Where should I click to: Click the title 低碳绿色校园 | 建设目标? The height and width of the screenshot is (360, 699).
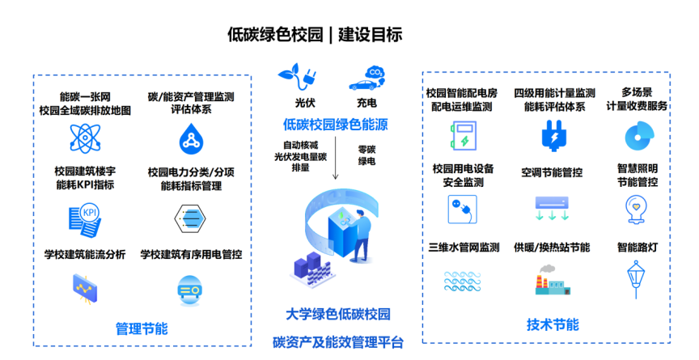click(315, 34)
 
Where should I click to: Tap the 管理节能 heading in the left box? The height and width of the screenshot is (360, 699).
click(142, 328)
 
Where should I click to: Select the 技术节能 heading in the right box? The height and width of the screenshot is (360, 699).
click(553, 324)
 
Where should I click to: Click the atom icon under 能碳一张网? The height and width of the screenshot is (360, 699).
click(85, 138)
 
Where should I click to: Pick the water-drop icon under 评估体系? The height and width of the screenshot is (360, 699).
click(191, 138)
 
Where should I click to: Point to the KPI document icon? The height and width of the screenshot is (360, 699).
click(85, 221)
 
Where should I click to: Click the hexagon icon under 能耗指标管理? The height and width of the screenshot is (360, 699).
click(190, 218)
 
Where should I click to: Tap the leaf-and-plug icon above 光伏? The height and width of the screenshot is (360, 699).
click(297, 78)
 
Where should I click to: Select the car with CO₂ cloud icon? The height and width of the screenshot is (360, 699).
click(366, 78)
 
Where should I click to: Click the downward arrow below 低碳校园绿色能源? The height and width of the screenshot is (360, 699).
click(335, 159)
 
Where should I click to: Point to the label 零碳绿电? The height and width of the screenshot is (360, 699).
click(366, 155)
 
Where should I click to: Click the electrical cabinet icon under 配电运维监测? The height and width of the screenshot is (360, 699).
click(464, 135)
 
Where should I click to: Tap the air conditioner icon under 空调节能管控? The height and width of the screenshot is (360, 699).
click(552, 209)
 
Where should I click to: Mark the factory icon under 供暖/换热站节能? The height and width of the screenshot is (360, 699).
click(553, 280)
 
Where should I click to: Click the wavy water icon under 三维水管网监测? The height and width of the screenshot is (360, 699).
click(462, 282)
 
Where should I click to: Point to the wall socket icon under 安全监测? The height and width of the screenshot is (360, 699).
click(462, 209)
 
